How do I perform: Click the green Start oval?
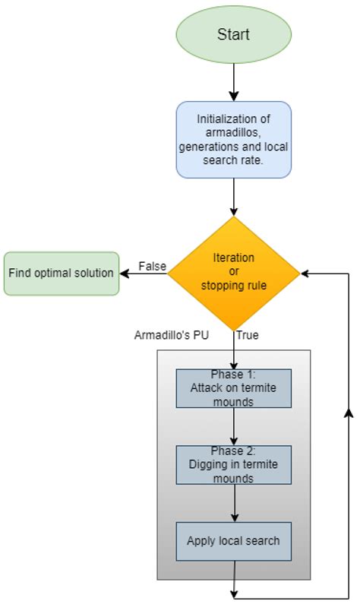(233, 33)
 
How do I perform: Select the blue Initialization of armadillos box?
(233, 140)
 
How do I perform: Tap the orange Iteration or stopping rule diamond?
(233, 272)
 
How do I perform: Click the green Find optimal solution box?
(62, 273)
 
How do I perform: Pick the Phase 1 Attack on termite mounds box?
(233, 389)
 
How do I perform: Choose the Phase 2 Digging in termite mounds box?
(233, 465)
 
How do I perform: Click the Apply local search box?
(233, 541)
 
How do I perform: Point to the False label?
(152, 265)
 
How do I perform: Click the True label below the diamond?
(248, 335)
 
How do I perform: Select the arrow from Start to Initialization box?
(233, 82)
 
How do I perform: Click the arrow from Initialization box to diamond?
(233, 198)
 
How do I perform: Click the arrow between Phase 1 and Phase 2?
(233, 427)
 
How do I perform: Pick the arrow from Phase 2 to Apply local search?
(233, 503)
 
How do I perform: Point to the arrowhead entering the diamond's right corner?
(305, 273)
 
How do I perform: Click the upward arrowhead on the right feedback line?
(348, 411)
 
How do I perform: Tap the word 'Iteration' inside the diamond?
(233, 258)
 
